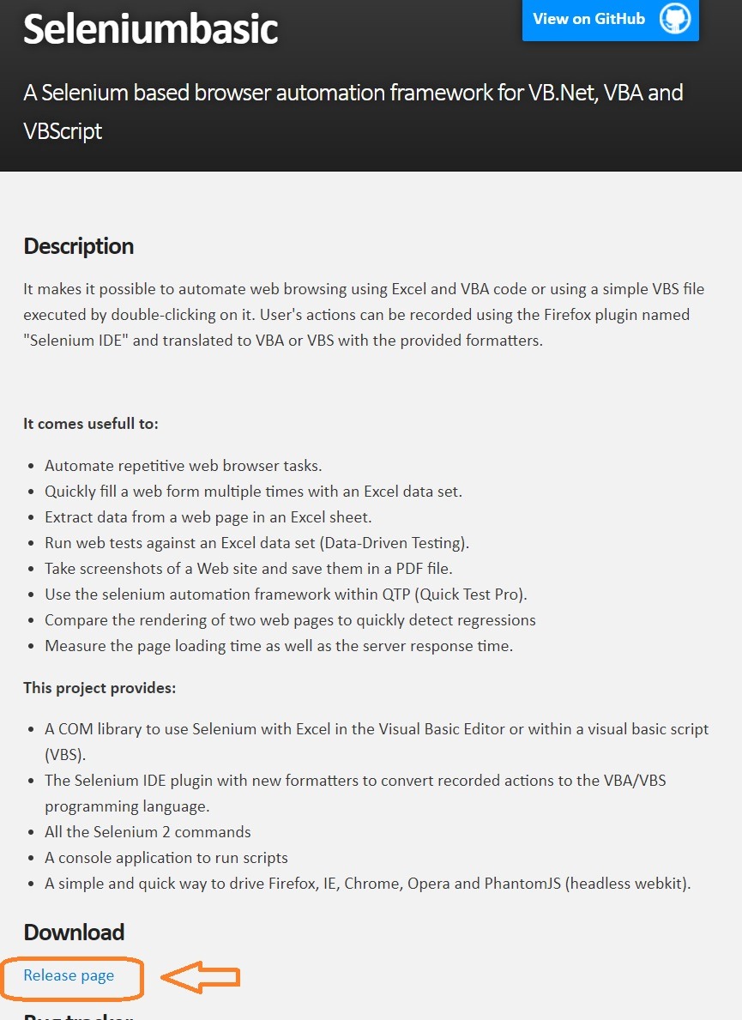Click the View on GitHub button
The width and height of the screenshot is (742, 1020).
point(589,18)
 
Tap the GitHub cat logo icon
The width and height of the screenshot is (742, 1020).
point(675,19)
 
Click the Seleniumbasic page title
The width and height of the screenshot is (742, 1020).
point(150,28)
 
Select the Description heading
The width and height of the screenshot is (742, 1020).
point(79,246)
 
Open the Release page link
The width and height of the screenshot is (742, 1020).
point(69,975)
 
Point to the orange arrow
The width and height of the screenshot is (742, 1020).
point(202,976)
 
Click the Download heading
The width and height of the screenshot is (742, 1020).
point(74,932)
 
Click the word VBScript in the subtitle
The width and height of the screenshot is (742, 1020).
point(63,131)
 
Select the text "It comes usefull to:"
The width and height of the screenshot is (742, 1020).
point(91,424)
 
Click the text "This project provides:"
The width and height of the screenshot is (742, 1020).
point(100,688)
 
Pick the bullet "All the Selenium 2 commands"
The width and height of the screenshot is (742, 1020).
point(148,831)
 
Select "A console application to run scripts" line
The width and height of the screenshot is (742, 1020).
point(166,857)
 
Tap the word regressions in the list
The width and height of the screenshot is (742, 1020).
point(496,619)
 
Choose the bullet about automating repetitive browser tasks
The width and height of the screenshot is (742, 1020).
point(184,466)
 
